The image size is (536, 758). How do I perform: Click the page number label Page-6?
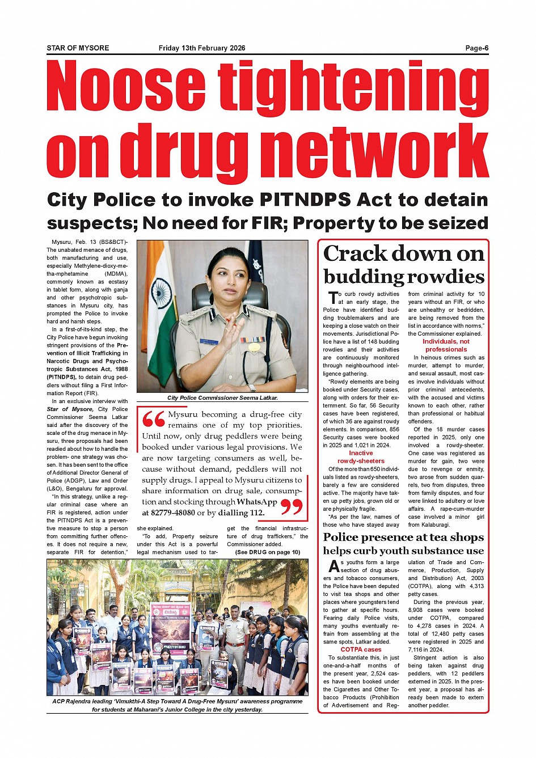[476, 48]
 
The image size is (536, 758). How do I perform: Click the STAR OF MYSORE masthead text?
[78, 48]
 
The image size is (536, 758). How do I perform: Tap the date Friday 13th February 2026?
[202, 48]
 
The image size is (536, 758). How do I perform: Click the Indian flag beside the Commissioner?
[163, 306]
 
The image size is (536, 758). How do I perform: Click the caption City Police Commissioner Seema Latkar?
[222, 398]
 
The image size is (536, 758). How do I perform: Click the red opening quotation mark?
[153, 420]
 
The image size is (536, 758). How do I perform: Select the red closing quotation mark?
[292, 507]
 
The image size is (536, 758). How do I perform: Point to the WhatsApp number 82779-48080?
[168, 513]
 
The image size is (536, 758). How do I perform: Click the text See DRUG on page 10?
[268, 552]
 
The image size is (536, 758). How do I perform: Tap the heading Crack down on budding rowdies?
[404, 265]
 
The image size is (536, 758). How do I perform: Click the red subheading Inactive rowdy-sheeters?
[361, 457]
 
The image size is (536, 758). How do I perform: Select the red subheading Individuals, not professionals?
[446, 345]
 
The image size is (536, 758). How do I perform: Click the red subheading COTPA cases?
[361, 650]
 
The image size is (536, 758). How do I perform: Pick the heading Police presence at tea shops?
[403, 537]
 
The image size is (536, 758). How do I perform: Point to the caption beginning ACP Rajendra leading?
[178, 705]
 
